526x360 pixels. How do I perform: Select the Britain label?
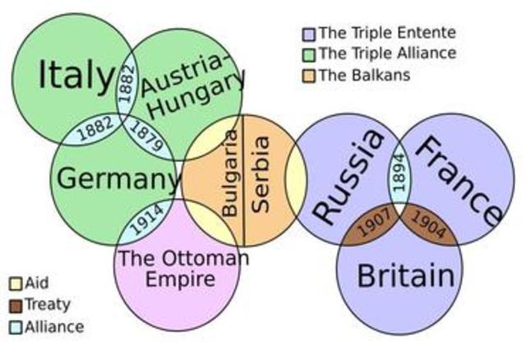405,275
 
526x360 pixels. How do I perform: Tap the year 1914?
145,221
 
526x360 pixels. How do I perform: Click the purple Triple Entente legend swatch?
309,35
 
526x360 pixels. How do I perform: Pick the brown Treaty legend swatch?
15,305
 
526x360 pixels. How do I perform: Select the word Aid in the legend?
37,284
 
